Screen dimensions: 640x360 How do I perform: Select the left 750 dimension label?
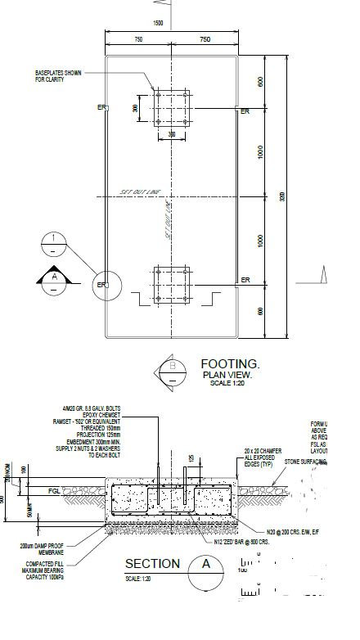[138, 38]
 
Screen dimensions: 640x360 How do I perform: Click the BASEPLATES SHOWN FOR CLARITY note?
[58, 75]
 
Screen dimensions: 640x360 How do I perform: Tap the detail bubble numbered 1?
[54, 242]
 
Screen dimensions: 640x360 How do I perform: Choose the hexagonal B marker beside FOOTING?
[173, 372]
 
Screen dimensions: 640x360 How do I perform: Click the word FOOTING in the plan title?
[230, 363]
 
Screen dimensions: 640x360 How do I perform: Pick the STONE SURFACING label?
[305, 462]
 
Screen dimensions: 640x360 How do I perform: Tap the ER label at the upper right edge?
[245, 109]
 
